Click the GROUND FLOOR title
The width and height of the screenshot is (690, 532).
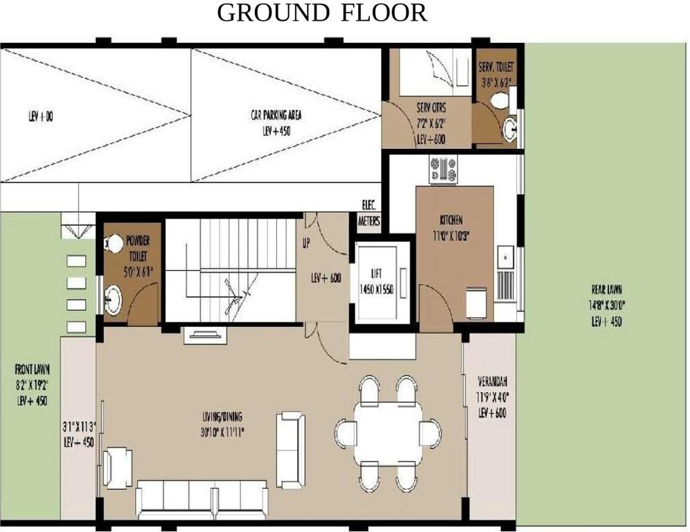click(323, 12)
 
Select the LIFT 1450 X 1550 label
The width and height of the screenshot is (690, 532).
click(377, 284)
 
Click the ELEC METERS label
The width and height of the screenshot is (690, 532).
click(369, 214)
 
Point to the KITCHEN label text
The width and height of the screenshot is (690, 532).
click(451, 220)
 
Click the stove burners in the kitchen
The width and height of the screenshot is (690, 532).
click(443, 169)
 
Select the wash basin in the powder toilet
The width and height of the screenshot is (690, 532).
click(112, 299)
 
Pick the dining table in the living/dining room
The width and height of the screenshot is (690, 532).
click(387, 433)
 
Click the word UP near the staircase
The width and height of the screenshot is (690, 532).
click(306, 244)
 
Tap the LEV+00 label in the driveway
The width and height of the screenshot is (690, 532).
click(41, 117)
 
